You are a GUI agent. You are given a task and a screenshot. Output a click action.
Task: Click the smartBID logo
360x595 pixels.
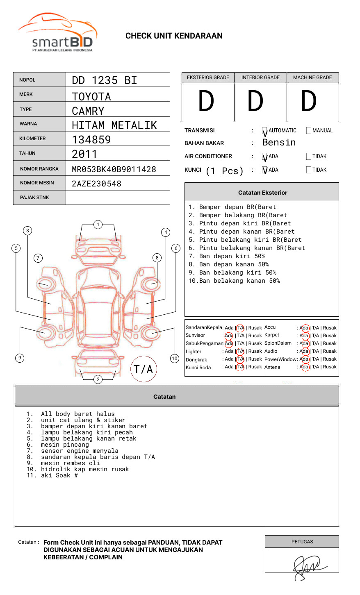coord(57,33)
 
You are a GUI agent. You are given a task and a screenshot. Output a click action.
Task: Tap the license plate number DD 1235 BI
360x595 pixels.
coord(104,80)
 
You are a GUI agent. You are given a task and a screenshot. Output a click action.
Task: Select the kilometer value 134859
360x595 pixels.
coord(91,140)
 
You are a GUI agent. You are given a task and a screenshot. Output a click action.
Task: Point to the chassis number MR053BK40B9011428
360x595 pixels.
coord(114,169)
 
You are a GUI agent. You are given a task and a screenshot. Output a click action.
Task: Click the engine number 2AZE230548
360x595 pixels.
coord(96,184)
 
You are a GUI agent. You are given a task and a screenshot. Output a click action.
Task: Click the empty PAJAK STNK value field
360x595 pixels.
coord(118,198)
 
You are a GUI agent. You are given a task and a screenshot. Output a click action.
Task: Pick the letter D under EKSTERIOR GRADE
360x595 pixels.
coord(206,101)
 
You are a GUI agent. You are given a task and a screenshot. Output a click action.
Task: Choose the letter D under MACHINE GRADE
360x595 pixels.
coord(309,101)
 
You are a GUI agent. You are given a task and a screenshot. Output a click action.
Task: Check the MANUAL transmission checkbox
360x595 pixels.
coord(309,131)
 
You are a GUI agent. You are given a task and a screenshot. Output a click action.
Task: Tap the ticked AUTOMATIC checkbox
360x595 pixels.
coord(265,131)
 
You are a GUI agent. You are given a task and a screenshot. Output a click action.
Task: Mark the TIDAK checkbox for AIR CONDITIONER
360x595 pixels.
coord(309,157)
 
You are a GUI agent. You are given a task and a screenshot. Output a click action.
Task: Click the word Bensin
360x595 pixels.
coord(279,143)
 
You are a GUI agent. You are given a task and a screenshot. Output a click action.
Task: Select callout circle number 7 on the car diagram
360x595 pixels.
coord(38,258)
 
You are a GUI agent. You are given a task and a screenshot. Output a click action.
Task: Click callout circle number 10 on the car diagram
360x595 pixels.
coord(175,359)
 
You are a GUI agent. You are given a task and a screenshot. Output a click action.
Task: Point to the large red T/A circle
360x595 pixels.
coord(144,369)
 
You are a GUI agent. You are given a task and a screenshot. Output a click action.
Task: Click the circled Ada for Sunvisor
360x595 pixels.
coord(229,336)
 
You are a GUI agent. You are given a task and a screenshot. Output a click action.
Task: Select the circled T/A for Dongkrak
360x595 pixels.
coord(240,359)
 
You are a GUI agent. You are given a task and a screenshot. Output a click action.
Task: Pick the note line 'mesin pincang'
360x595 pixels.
coord(65,445)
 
